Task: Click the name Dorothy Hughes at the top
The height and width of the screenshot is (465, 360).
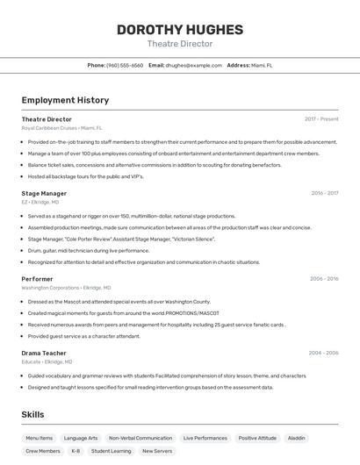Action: click(179, 30)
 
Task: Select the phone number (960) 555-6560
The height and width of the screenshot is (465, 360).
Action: click(125, 65)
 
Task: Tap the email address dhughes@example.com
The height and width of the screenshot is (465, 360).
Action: click(194, 65)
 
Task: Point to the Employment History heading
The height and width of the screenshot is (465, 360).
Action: click(65, 100)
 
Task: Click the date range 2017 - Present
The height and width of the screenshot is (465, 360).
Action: click(321, 118)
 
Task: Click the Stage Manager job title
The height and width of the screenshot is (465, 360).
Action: click(44, 193)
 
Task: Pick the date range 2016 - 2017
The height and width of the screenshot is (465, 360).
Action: click(325, 193)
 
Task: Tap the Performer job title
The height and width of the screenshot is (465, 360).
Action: click(37, 278)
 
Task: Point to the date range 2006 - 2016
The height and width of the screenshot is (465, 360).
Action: click(324, 278)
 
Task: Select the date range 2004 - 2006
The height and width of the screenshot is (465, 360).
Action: click(323, 353)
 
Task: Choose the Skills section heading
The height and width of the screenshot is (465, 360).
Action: click(32, 414)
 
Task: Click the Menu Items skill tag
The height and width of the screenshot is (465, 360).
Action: click(39, 438)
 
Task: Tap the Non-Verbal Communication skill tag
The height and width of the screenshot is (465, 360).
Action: click(140, 438)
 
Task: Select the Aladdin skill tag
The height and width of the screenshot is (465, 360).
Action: click(297, 438)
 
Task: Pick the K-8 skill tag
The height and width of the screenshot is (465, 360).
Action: click(76, 451)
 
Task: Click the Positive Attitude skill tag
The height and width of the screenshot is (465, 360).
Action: click(257, 438)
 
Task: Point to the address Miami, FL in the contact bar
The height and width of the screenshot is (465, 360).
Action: click(262, 65)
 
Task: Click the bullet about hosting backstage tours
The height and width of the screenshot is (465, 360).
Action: click(85, 176)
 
